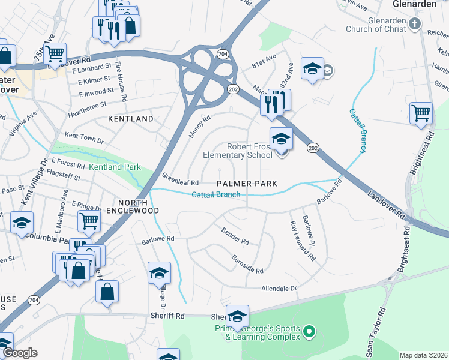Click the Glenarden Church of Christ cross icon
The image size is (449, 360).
click(x=415, y=25)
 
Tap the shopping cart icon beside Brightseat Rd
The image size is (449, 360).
click(x=421, y=113)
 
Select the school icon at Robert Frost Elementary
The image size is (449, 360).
click(x=280, y=140)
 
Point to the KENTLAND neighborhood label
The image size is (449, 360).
click(x=130, y=119)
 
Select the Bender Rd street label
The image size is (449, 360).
click(x=235, y=236)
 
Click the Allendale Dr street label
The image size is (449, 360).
click(x=279, y=289)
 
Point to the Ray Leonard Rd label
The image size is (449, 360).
click(x=302, y=242)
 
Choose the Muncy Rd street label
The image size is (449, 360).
click(x=200, y=127)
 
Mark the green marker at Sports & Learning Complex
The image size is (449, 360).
click(x=309, y=331)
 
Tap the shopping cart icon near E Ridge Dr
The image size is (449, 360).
click(x=89, y=221)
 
